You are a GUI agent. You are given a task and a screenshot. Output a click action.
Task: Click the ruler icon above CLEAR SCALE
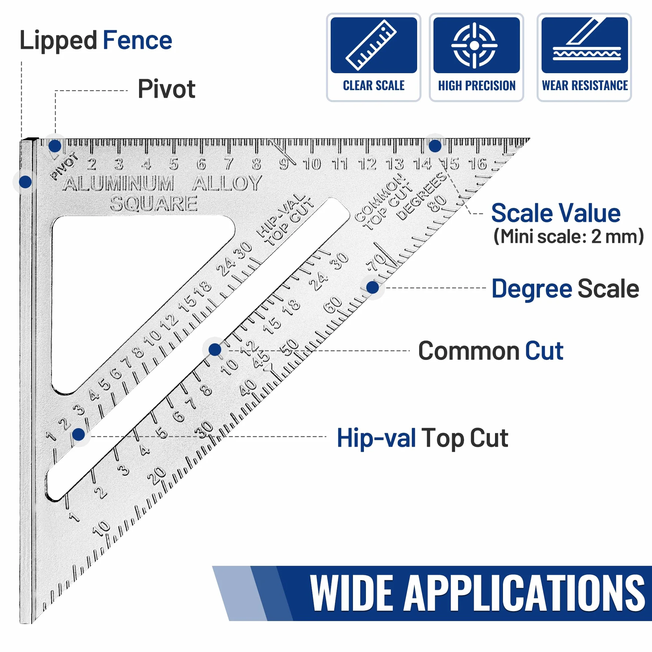[371, 45]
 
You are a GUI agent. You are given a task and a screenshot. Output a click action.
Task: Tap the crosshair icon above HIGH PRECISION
[474, 45]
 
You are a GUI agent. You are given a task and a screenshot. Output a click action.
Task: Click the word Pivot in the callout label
[166, 89]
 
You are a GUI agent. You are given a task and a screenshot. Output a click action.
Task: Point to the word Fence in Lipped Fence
[137, 41]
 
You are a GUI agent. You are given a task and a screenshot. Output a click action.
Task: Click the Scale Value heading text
[556, 213]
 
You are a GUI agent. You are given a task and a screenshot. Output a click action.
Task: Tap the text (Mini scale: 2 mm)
[568, 236]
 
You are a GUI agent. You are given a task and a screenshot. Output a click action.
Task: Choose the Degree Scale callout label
[565, 289]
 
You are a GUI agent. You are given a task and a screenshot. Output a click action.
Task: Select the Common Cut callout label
[491, 351]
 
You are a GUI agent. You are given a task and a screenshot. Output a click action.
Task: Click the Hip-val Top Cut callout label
[422, 438]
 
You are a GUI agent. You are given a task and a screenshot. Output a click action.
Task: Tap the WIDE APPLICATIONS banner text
[477, 594]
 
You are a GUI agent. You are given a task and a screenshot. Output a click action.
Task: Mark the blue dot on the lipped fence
[25, 182]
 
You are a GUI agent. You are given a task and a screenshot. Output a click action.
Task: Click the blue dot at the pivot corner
[55, 146]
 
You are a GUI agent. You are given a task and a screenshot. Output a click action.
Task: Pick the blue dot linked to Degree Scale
[372, 287]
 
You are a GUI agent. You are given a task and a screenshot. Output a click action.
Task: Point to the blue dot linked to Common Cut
[215, 350]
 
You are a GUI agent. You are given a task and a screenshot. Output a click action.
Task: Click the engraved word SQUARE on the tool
[154, 204]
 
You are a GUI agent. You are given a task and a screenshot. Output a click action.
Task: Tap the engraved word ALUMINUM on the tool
[118, 183]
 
